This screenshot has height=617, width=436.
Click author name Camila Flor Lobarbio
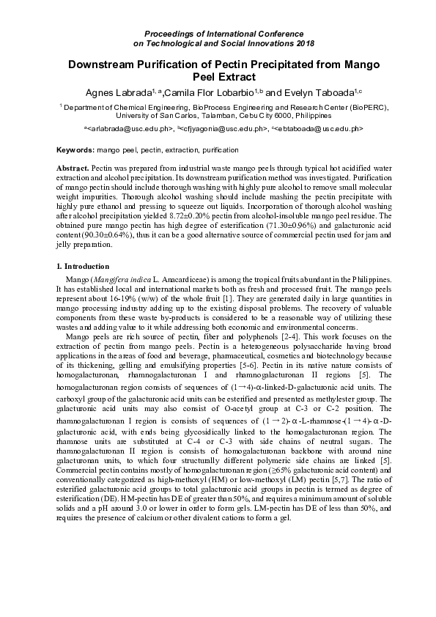(213, 92)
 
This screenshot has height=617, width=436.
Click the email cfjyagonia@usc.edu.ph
(223, 128)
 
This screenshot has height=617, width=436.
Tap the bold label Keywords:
(75, 150)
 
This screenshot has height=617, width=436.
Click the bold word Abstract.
(73, 169)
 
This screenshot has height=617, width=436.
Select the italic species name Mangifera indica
(121, 279)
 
